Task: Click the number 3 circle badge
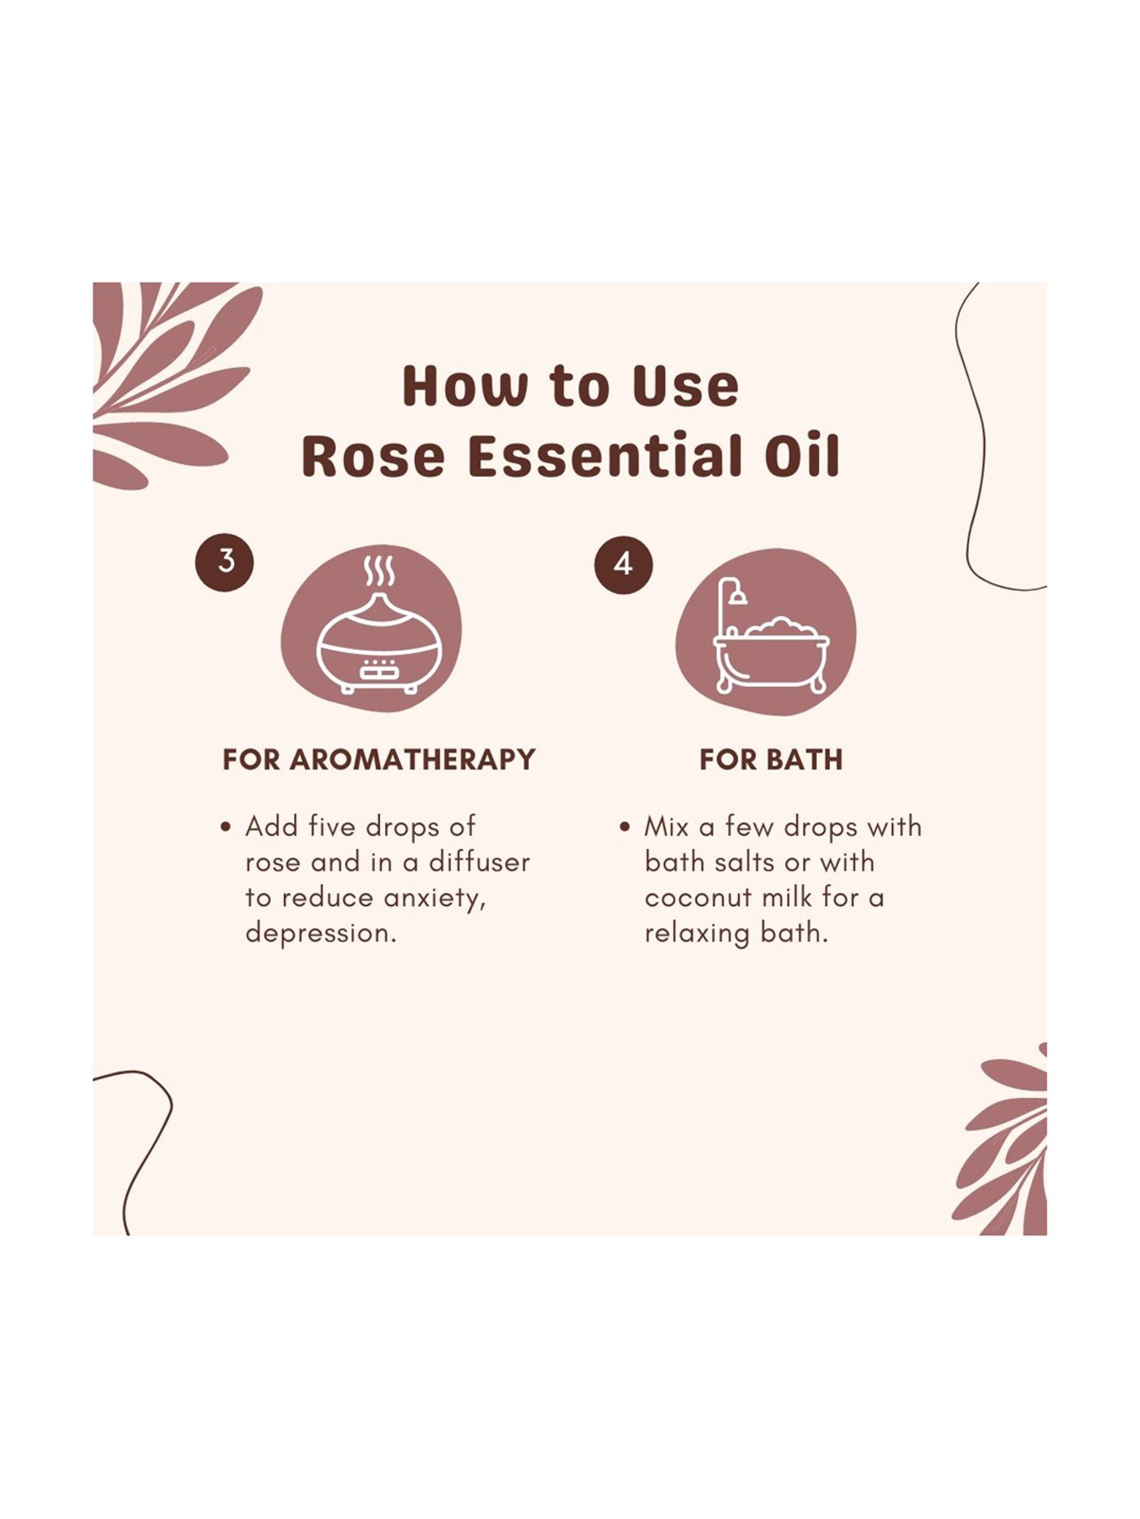[225, 562]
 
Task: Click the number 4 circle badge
[623, 564]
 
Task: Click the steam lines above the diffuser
[378, 571]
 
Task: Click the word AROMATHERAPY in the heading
[413, 759]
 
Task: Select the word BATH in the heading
[806, 759]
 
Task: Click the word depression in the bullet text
[318, 933]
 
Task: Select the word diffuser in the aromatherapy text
[479, 862]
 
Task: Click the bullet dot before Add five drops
[225, 827]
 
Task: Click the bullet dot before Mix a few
[625, 827]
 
